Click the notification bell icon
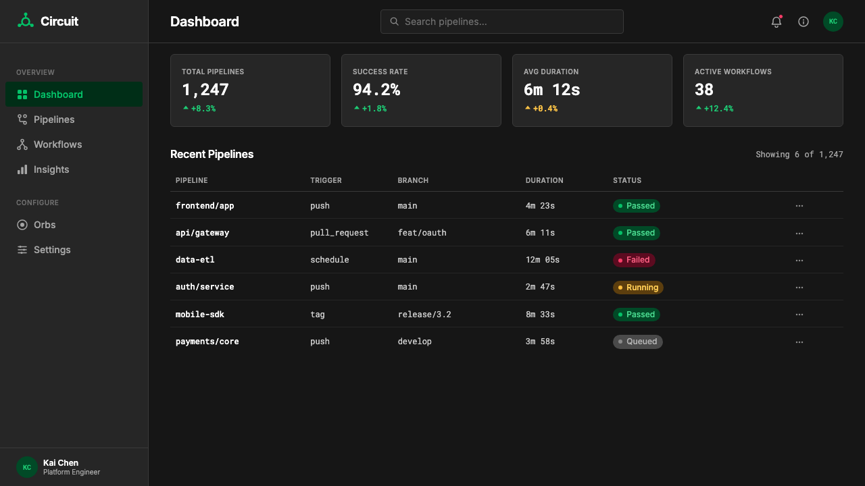tap(776, 22)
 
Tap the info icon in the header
tap(804, 22)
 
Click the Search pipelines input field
tap(501, 22)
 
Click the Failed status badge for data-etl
tap(634, 260)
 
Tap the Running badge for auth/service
tap(638, 288)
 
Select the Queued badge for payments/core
tap(637, 342)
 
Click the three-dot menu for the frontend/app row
tap(799, 206)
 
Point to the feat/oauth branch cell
tap(422, 233)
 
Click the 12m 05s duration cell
tap(542, 260)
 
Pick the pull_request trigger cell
tap(339, 233)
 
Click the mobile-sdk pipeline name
tap(199, 315)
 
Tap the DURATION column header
tap(544, 180)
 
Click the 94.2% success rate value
tap(376, 90)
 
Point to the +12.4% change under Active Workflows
tap(718, 109)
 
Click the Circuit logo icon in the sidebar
tap(26, 20)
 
